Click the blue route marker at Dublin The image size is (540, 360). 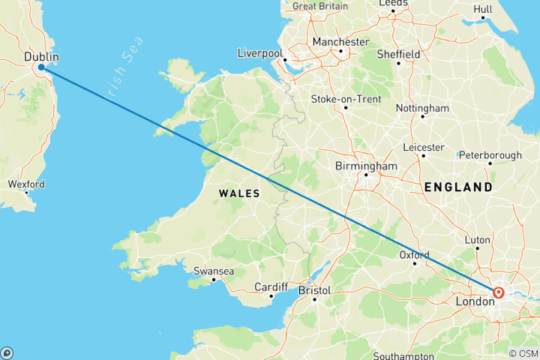click(40, 67)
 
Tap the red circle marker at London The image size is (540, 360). click(498, 292)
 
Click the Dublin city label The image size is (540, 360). click(41, 56)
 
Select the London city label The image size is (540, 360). click(475, 301)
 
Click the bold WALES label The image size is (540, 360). click(238, 193)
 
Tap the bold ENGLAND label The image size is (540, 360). click(458, 187)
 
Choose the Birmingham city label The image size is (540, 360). click(366, 166)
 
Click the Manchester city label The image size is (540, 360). click(340, 42)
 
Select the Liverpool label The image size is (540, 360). click(259, 53)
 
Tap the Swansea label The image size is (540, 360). click(214, 271)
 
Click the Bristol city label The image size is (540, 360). click(315, 289)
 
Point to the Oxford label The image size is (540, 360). click(415, 254)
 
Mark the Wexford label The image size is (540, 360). click(26, 184)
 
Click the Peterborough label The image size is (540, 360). click(490, 155)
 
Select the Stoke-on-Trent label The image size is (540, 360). click(346, 99)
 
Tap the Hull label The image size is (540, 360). click(483, 9)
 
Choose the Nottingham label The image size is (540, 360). click(422, 108)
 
